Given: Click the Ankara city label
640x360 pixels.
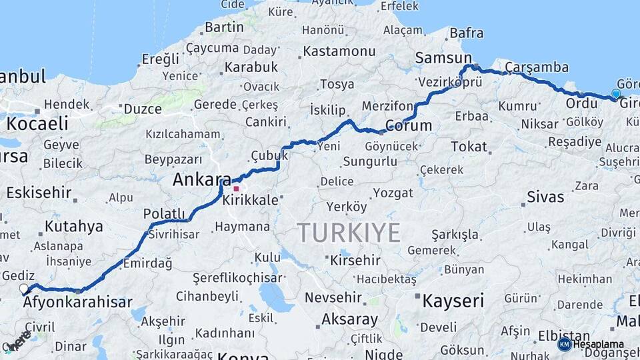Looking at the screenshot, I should [x=201, y=179].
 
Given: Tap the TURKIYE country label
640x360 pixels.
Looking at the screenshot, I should [x=349, y=233].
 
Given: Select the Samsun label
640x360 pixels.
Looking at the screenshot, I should [x=443, y=58].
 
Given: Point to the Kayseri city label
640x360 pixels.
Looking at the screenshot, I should [x=453, y=301].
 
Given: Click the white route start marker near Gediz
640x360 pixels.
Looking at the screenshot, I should [x=25, y=289].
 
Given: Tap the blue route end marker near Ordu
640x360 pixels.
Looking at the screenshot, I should [x=616, y=94].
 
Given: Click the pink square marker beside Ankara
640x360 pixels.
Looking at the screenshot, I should [x=236, y=189].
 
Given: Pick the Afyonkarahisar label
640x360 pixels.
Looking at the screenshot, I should [x=77, y=302].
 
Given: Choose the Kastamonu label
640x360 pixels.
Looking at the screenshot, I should [x=339, y=51].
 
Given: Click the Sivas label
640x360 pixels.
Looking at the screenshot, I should [x=545, y=197].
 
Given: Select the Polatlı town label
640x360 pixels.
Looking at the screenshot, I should [x=164, y=214].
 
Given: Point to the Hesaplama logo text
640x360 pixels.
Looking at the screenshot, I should [x=599, y=344].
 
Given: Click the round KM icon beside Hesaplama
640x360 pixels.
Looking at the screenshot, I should [x=564, y=344].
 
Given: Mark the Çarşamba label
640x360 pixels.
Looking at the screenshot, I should [x=537, y=67].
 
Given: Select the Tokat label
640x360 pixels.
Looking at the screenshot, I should [x=469, y=146].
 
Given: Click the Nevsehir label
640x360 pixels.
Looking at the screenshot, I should [x=333, y=298].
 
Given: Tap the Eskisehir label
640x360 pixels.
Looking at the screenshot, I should [x=39, y=193].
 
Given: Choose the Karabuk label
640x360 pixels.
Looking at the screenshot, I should [x=251, y=67].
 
